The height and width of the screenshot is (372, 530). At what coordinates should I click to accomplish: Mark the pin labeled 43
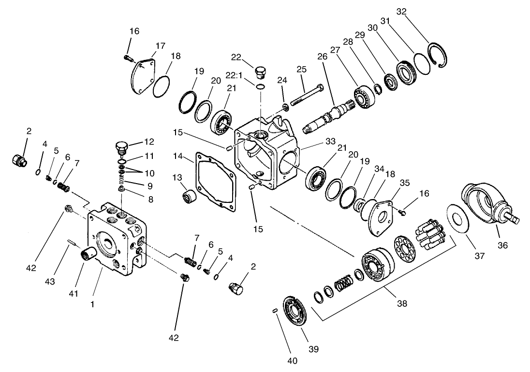[72, 243]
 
